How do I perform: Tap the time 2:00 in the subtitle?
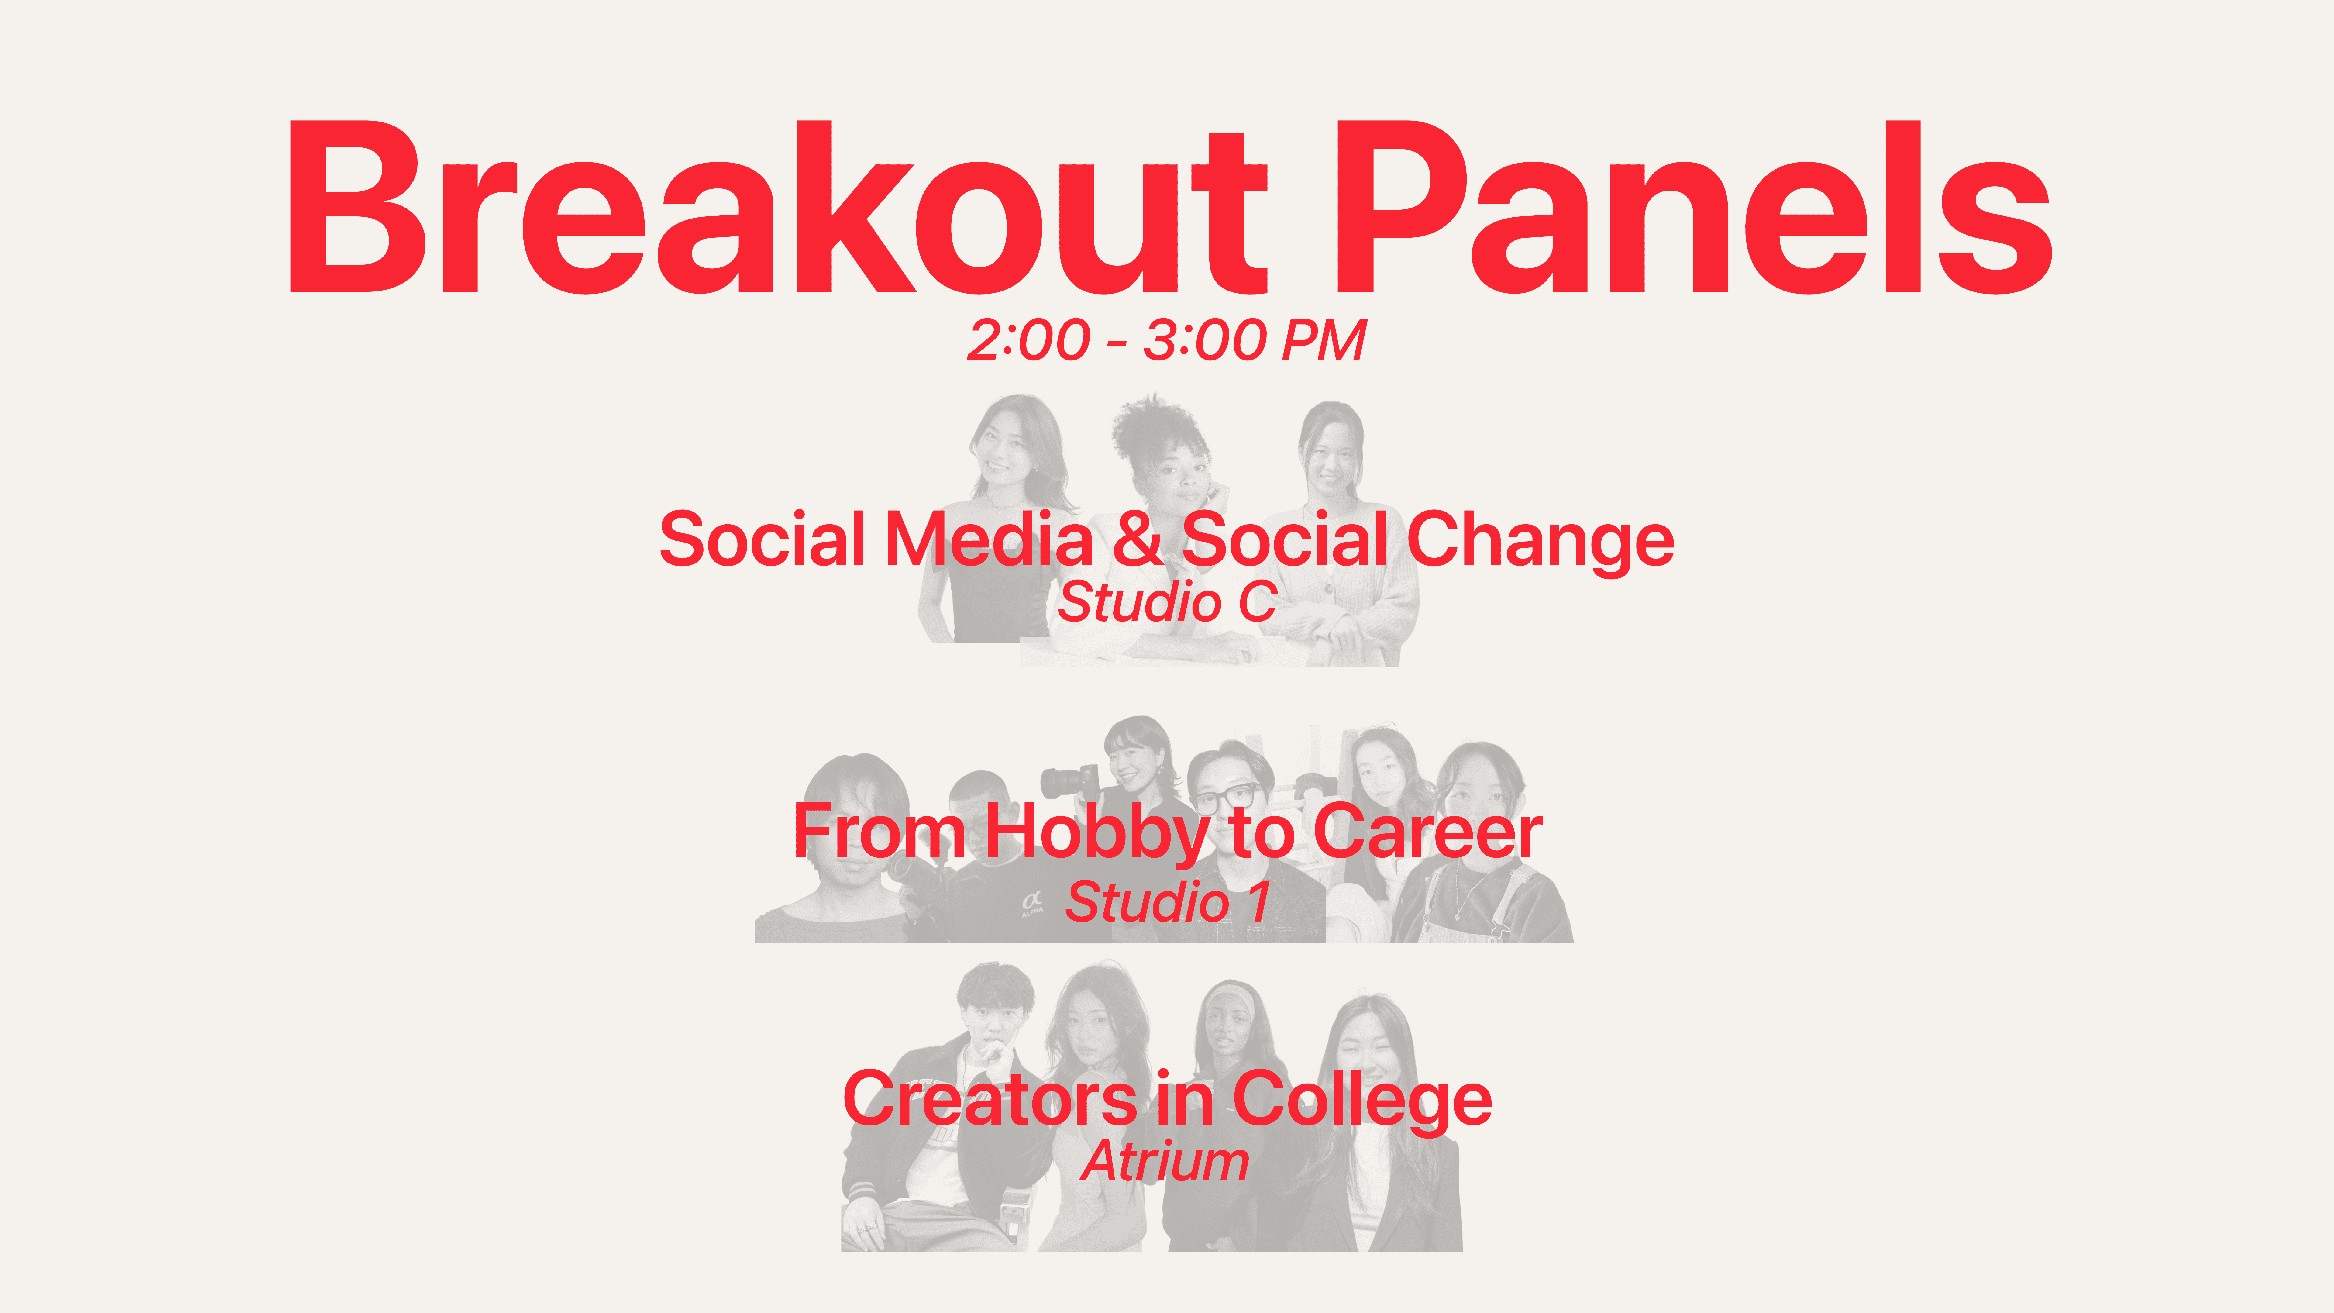click(x=1028, y=341)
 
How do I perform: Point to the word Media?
click(x=990, y=539)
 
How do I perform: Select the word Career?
click(x=1428, y=832)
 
